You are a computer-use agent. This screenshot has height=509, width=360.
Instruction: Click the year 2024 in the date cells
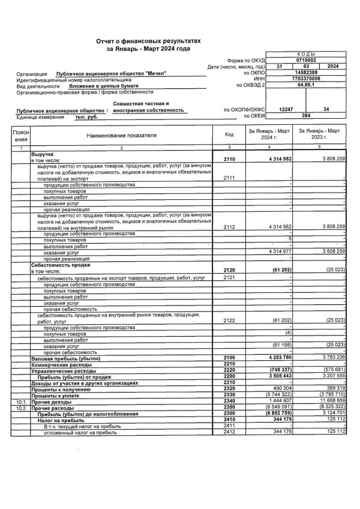(x=333, y=67)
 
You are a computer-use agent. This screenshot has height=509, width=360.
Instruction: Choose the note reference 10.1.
(x=20, y=400)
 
